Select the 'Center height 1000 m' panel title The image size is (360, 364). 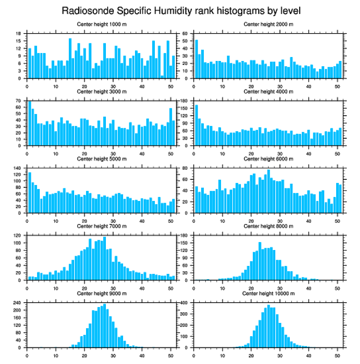pyautogui.click(x=101, y=24)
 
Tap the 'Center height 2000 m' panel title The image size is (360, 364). pyautogui.click(x=268, y=24)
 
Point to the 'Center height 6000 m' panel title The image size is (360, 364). pyautogui.click(x=268, y=159)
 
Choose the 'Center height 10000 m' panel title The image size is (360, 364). pyautogui.click(x=268, y=293)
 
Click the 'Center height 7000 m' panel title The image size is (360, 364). pyautogui.click(x=101, y=226)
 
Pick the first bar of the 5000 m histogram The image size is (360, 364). pyautogui.click(x=30, y=193)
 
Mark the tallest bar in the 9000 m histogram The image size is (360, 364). pyautogui.click(x=104, y=326)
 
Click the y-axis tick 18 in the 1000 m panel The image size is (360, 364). pyautogui.click(x=19, y=34)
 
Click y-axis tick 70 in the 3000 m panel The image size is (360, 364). pyautogui.click(x=19, y=101)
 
